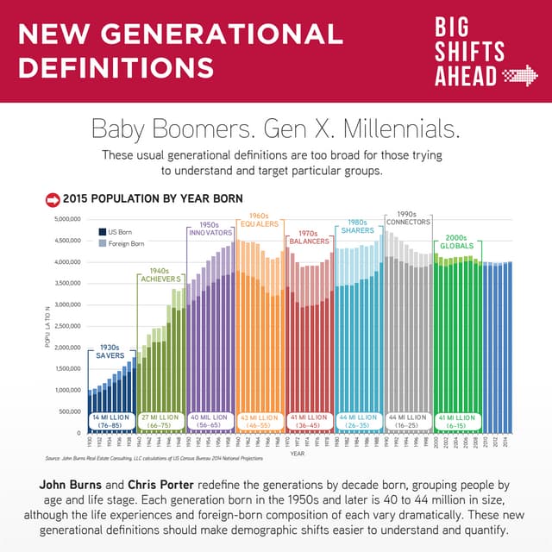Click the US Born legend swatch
(102, 232)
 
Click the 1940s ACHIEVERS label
(160, 273)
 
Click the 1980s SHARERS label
(357, 226)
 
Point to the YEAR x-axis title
(297, 453)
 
